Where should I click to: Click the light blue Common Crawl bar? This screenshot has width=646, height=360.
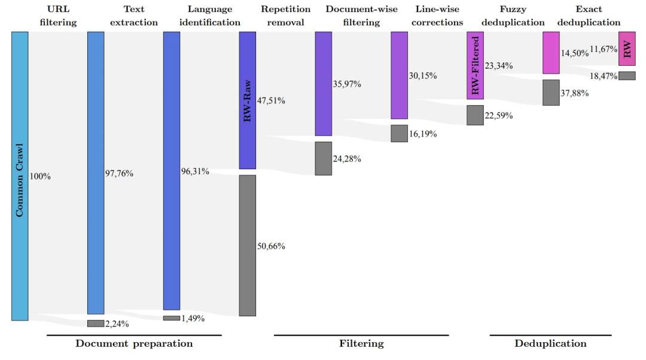[x=20, y=176]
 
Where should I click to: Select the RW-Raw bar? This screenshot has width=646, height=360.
[x=247, y=100]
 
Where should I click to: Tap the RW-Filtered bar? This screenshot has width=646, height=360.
[x=475, y=65]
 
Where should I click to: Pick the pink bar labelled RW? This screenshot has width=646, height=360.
[x=627, y=48]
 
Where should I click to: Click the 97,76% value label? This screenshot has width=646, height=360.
[x=119, y=173]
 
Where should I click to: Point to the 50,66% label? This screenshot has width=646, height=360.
[x=271, y=246]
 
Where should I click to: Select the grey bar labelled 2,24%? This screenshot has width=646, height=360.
[x=96, y=324]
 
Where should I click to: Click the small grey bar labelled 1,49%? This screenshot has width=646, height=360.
[x=172, y=318]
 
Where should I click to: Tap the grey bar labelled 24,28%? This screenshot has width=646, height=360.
[x=323, y=158]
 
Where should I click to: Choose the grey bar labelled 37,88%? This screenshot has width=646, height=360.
[x=551, y=93]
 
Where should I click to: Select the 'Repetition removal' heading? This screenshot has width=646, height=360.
[x=286, y=16]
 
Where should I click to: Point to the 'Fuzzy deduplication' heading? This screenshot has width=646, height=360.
[x=513, y=16]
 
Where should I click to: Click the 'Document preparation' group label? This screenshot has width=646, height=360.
[x=134, y=344]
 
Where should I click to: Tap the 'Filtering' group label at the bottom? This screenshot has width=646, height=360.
[x=361, y=344]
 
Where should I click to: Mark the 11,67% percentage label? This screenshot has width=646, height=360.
[x=603, y=48]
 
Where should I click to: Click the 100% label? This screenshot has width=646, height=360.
[x=40, y=176]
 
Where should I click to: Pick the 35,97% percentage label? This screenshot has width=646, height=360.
[x=347, y=84]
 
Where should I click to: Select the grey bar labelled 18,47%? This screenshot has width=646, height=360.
[x=627, y=76]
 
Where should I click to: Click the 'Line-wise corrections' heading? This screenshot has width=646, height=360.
[x=439, y=16]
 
